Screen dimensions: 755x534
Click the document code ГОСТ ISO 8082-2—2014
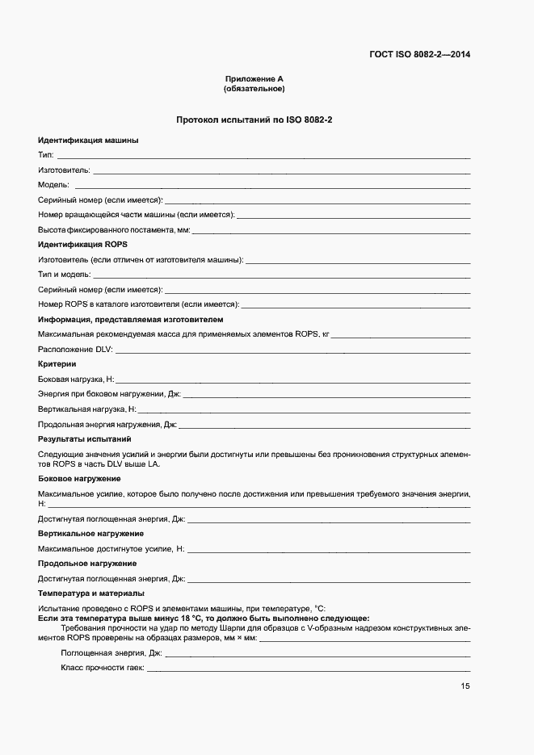pyautogui.click(x=419, y=55)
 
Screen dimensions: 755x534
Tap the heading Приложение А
pyautogui.click(x=254, y=78)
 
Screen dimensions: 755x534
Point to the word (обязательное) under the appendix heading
pyautogui.click(x=254, y=88)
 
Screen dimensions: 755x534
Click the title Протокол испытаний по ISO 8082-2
pyautogui.click(x=254, y=120)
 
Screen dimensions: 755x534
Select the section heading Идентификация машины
pyautogui.click(x=88, y=141)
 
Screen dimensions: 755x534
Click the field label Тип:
pyautogui.click(x=46, y=155)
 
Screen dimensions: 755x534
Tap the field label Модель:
pyautogui.click(x=54, y=185)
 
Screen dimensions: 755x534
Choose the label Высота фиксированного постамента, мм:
pyautogui.click(x=114, y=230)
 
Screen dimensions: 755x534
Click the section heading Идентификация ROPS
pyautogui.click(x=82, y=244)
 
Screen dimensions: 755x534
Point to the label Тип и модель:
pyautogui.click(x=65, y=275)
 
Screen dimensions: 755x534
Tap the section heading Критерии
pyautogui.click(x=57, y=364)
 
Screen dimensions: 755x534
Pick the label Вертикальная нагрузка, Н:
pyautogui.click(x=87, y=409)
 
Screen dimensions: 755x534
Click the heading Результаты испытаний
pyautogui.click(x=84, y=439)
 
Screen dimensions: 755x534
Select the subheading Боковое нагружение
pyautogui.click(x=79, y=480)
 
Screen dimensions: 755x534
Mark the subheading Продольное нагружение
pyautogui.click(x=87, y=564)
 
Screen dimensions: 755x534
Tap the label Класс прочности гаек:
pyautogui.click(x=102, y=668)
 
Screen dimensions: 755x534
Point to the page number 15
pyautogui.click(x=465, y=686)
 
